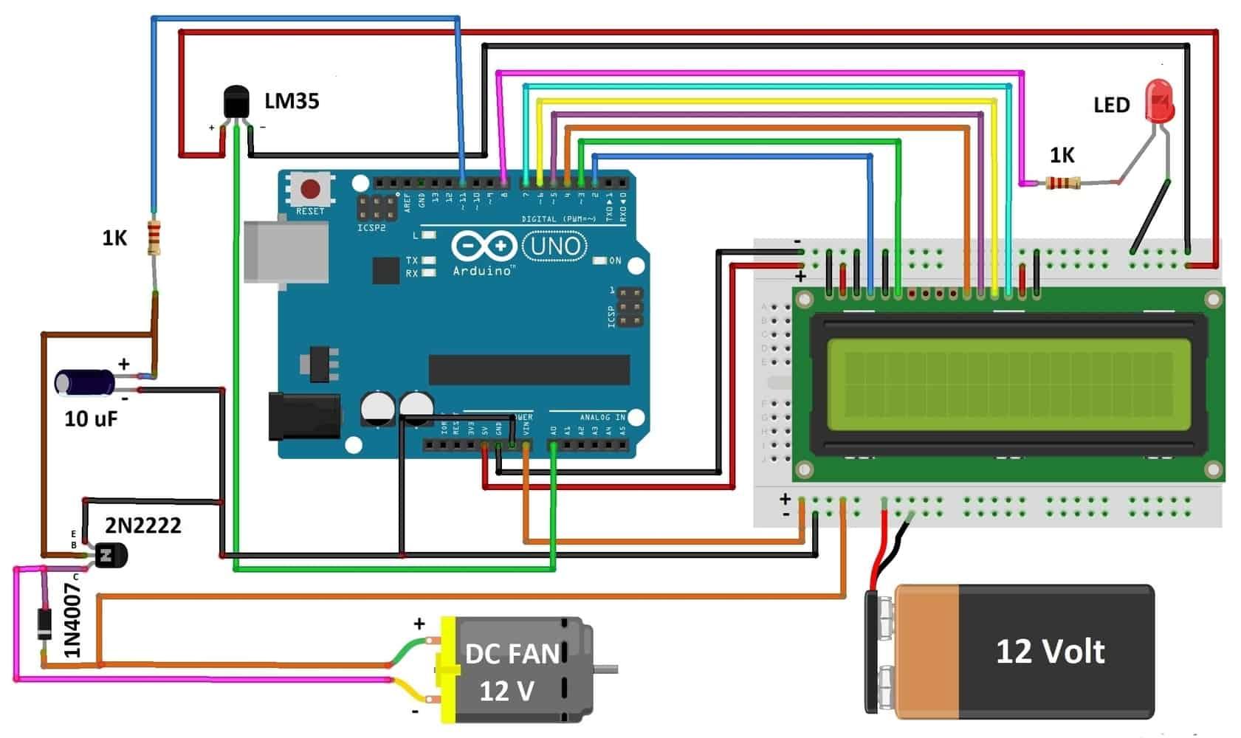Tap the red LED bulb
click(x=1158, y=102)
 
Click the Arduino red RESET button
click(x=311, y=190)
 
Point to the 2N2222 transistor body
click(x=111, y=555)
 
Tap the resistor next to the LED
click(x=1063, y=182)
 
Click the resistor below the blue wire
click(x=154, y=238)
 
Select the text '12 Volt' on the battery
click(x=1050, y=651)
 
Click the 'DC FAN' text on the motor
click(x=512, y=654)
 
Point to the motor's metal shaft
click(x=606, y=669)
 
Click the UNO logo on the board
click(x=554, y=246)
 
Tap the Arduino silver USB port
click(x=286, y=251)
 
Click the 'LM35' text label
click(x=292, y=100)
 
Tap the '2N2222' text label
click(x=142, y=525)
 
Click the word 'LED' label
click(x=1111, y=105)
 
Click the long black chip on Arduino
click(x=529, y=369)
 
